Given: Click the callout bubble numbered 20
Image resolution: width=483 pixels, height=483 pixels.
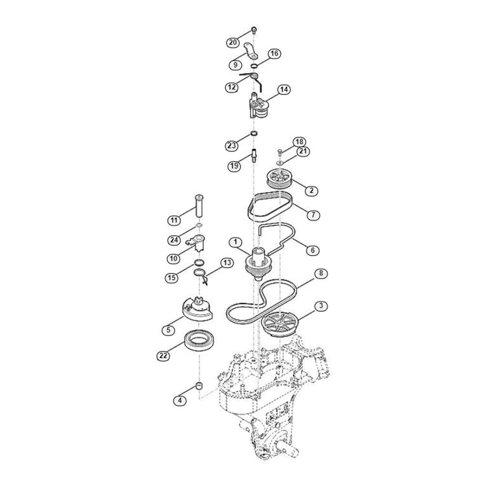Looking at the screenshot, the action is pyautogui.click(x=233, y=42).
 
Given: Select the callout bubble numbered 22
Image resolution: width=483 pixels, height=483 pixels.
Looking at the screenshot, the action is pyautogui.click(x=163, y=356).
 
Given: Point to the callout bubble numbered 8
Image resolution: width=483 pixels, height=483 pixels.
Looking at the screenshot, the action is pyautogui.click(x=321, y=273).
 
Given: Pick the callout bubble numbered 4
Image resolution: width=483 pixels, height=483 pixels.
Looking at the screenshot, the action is pyautogui.click(x=180, y=400).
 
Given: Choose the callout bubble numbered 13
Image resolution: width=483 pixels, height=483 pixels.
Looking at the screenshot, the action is pyautogui.click(x=227, y=263).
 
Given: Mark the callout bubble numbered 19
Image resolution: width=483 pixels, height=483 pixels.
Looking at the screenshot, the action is pyautogui.click(x=234, y=166).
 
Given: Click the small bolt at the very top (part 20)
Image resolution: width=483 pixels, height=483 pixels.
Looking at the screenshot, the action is pyautogui.click(x=254, y=30).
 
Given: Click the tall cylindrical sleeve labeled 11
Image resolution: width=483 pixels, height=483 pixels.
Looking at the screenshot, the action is pyautogui.click(x=199, y=206).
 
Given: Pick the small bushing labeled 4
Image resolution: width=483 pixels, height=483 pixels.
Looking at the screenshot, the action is pyautogui.click(x=199, y=385).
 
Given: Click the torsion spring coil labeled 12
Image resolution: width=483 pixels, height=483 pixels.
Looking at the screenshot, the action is pyautogui.click(x=254, y=76).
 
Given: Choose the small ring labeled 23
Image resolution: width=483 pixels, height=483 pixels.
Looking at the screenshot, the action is pyautogui.click(x=254, y=133).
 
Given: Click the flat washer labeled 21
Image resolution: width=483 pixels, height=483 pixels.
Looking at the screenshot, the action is pyautogui.click(x=280, y=162).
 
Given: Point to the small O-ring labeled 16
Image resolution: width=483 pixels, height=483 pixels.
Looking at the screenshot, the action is pyautogui.click(x=254, y=66).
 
